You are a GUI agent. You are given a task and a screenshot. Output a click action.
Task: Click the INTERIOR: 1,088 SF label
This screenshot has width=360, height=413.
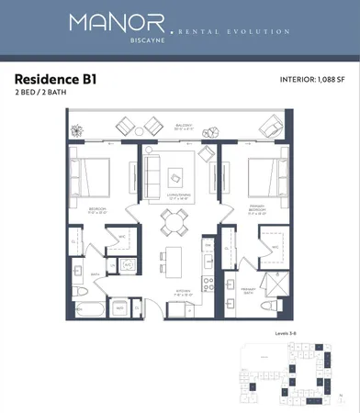312,80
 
